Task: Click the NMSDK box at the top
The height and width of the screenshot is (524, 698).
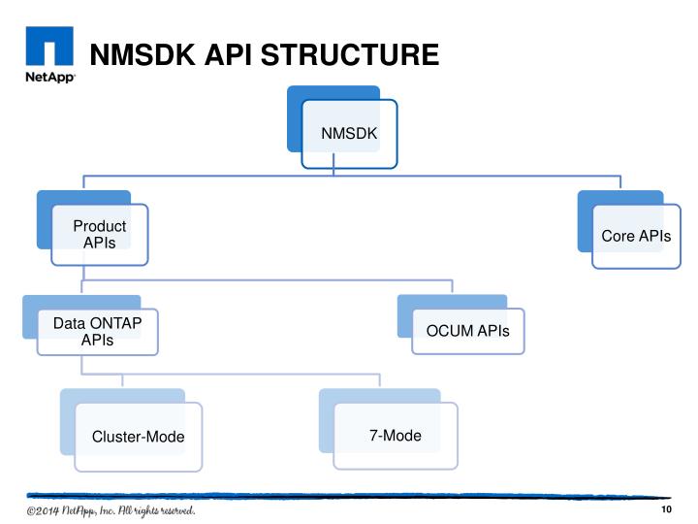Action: point(349,134)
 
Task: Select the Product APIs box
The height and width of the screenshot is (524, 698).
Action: point(100,234)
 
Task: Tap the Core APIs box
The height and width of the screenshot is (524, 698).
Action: point(636,236)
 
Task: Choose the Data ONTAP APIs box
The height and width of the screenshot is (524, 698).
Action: point(97,332)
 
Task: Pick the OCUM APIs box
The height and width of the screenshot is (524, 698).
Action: point(468,332)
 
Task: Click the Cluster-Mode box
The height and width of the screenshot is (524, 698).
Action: point(139,436)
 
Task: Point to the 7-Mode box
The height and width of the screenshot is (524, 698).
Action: point(396,435)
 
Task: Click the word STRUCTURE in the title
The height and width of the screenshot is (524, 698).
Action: point(350,54)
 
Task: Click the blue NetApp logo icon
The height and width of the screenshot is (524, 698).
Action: point(48,48)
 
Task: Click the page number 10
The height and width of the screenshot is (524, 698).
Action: point(666,511)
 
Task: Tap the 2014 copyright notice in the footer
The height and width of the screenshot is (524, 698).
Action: point(111,510)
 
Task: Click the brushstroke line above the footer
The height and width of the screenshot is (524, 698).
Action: point(349,495)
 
